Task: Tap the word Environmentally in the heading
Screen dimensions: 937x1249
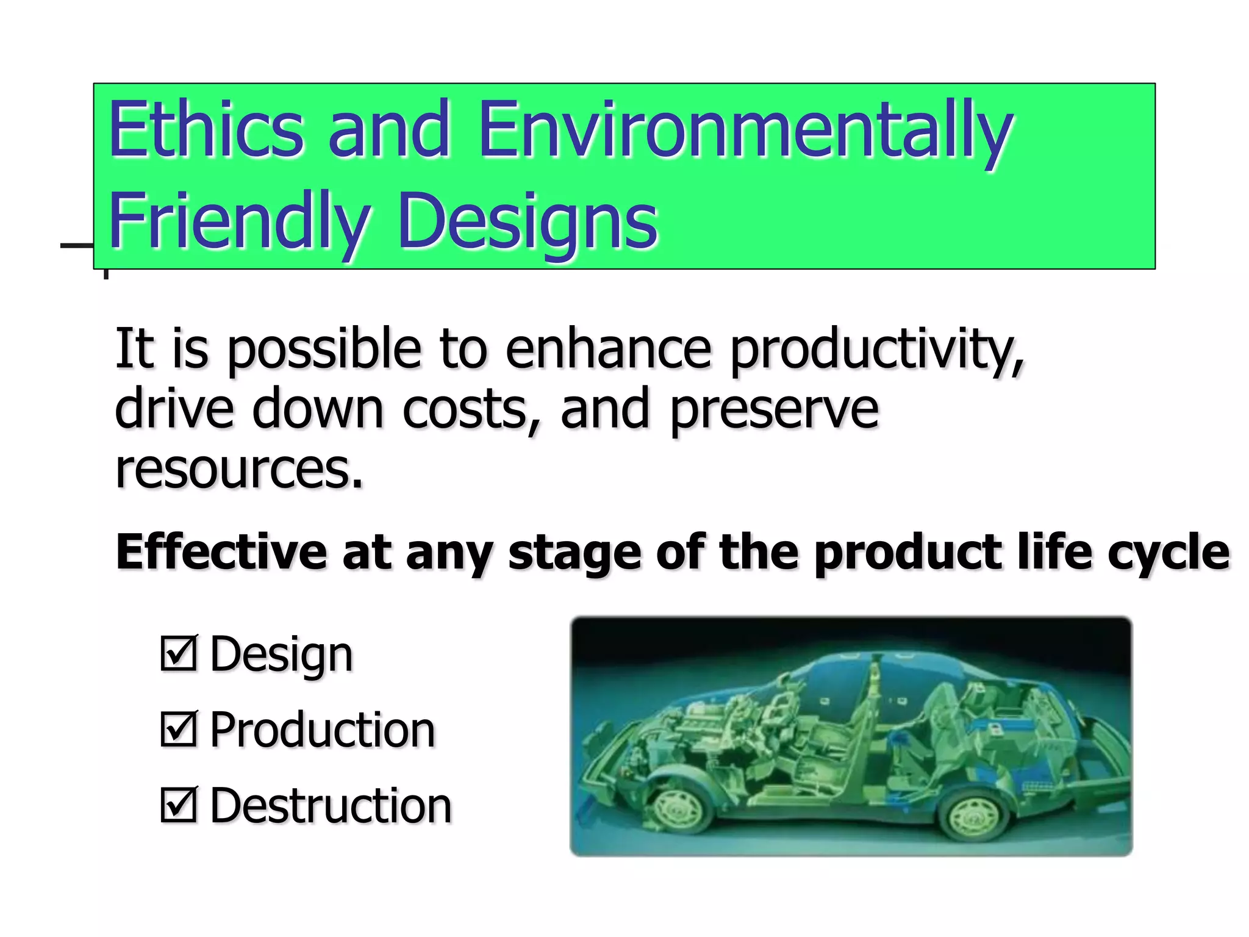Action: pos(745,131)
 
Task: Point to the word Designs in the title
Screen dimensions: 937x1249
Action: pos(528,221)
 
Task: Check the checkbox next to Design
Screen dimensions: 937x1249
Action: pos(179,653)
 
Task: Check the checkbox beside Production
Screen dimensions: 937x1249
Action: pos(179,729)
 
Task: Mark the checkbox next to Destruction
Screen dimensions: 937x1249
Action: pos(179,805)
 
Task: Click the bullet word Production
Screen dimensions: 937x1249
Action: pos(322,730)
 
